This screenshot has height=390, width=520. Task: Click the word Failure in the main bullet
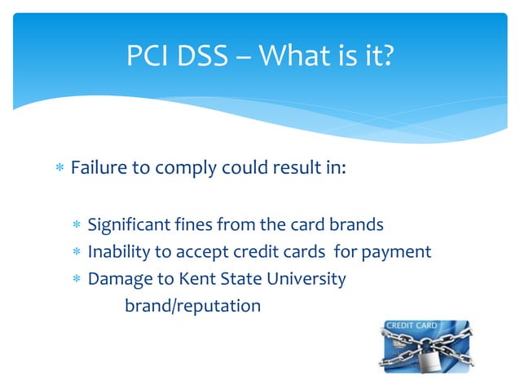click(x=99, y=168)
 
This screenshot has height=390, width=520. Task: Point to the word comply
click(x=187, y=170)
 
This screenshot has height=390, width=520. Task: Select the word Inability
click(x=121, y=251)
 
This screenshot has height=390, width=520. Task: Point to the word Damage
click(x=116, y=279)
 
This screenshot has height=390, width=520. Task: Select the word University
click(x=305, y=279)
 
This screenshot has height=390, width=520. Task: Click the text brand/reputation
click(x=192, y=306)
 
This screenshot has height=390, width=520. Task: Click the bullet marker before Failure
click(x=59, y=169)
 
